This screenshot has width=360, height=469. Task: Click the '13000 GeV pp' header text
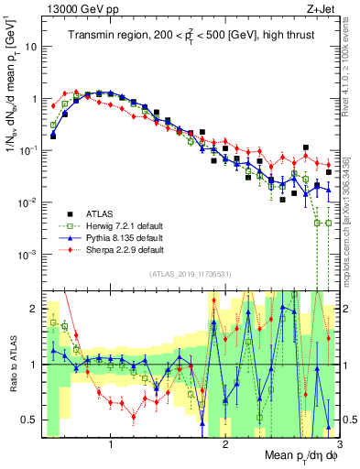pyautogui.click(x=79, y=9)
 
